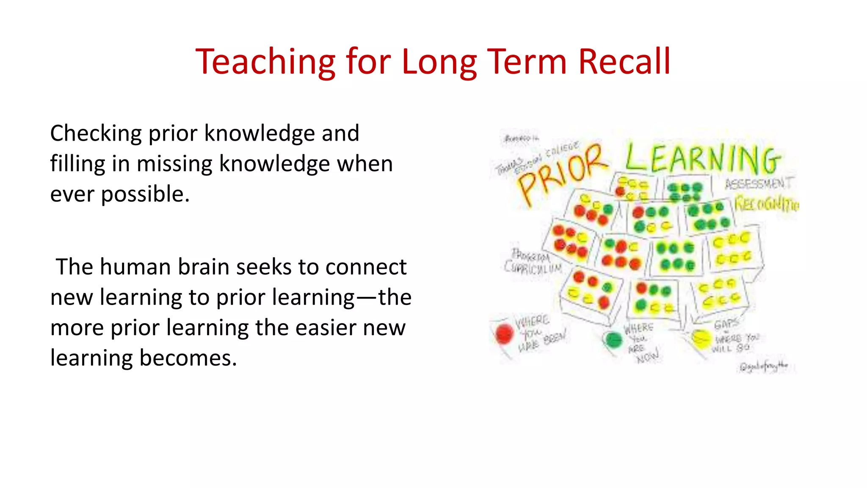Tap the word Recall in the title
click(x=624, y=62)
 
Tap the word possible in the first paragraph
click(x=145, y=195)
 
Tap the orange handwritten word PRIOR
click(x=561, y=174)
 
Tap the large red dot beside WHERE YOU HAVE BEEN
click(x=504, y=334)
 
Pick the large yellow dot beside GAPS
click(x=701, y=339)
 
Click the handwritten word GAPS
click(x=726, y=324)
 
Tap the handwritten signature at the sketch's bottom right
click(x=764, y=366)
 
